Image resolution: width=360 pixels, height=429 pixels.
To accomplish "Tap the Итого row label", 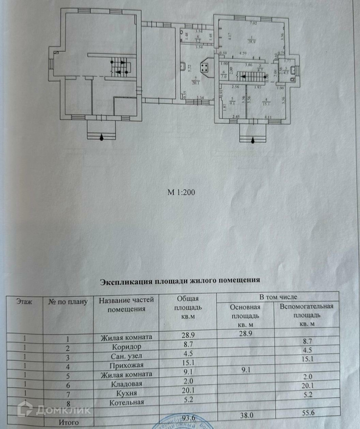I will pos(68,421).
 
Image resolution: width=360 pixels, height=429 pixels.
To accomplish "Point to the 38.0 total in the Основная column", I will pos(244,415).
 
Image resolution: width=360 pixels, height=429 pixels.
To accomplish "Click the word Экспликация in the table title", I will pos(126,281).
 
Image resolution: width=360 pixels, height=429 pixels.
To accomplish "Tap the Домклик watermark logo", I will pos(54,409).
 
